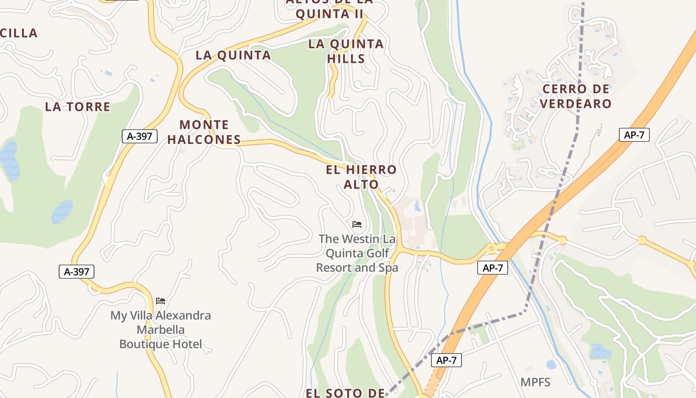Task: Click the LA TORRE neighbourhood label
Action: [x=78, y=107]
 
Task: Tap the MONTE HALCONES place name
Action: [x=204, y=132]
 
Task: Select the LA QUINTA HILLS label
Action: [x=346, y=51]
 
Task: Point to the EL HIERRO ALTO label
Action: [x=361, y=177]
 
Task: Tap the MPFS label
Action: [x=535, y=382]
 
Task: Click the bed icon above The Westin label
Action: [x=357, y=224]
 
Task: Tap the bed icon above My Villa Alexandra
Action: [x=161, y=301]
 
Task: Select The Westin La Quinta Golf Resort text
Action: [x=357, y=253]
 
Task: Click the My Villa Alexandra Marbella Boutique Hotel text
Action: [x=161, y=329]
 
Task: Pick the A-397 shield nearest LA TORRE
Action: [x=140, y=136]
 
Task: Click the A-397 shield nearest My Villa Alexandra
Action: [x=76, y=272]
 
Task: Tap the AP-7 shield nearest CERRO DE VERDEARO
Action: [x=634, y=135]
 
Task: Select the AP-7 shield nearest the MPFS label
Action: [x=446, y=361]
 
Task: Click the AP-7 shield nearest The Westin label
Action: [x=493, y=268]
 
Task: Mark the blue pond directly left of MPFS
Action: [x=551, y=364]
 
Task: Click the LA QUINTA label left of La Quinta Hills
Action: [x=233, y=55]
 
